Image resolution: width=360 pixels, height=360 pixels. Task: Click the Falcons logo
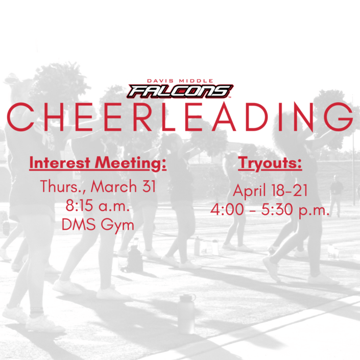pyautogui.click(x=180, y=91)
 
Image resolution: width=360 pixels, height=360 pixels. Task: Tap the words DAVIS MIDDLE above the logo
pyautogui.click(x=180, y=81)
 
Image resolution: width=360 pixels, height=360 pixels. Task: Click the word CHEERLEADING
pyautogui.click(x=180, y=117)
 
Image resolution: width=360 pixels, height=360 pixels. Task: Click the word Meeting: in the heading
pyautogui.click(x=131, y=163)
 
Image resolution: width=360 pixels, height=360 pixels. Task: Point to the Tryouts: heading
pyautogui.click(x=270, y=163)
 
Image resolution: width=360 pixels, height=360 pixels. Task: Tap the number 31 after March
pyautogui.click(x=149, y=186)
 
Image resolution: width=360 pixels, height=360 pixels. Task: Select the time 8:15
pyautogui.click(x=79, y=205)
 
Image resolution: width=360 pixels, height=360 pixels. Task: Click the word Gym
pyautogui.click(x=117, y=225)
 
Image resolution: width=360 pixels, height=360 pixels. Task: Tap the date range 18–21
pyautogui.click(x=289, y=190)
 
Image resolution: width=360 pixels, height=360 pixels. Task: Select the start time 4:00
pyautogui.click(x=227, y=209)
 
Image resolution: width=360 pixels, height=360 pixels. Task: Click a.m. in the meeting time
pyautogui.click(x=114, y=206)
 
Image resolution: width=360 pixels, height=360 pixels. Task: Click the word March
pyautogui.click(x=114, y=186)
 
